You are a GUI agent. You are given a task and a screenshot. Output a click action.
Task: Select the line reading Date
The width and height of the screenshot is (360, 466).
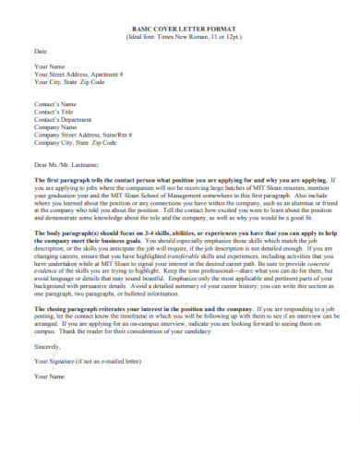pos(40,51)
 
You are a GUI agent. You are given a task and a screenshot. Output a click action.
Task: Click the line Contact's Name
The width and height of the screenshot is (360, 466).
pos(55,105)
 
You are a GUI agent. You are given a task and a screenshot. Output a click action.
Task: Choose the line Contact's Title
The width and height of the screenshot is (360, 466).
pos(54,113)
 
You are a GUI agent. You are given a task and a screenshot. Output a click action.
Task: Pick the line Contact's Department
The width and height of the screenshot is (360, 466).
pos(64,120)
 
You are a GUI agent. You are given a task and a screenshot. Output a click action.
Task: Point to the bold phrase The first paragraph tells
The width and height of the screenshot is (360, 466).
pos(74,180)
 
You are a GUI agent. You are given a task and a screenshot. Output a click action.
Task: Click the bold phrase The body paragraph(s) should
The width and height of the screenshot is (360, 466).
pos(83,233)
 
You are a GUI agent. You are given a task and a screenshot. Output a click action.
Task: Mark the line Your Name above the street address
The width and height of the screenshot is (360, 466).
pos(50,67)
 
